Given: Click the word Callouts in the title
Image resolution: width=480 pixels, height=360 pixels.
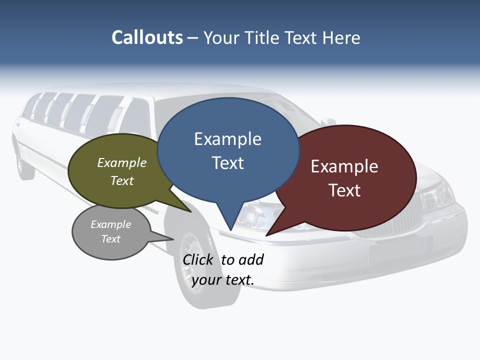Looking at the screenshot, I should [x=147, y=37].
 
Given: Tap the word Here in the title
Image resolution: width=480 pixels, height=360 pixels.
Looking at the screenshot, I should [x=341, y=37].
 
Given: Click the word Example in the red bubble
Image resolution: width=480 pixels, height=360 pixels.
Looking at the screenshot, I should [x=344, y=166].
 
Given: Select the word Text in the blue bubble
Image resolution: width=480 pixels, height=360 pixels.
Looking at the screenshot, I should [x=228, y=163].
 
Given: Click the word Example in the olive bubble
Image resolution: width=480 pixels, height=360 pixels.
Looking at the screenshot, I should [x=122, y=162].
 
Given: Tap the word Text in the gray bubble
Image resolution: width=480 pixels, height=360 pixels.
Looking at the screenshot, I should [x=111, y=239].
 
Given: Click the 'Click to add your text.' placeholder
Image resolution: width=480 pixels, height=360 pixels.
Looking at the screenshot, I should [x=223, y=270].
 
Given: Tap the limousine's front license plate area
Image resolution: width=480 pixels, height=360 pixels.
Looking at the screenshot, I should [x=400, y=250].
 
